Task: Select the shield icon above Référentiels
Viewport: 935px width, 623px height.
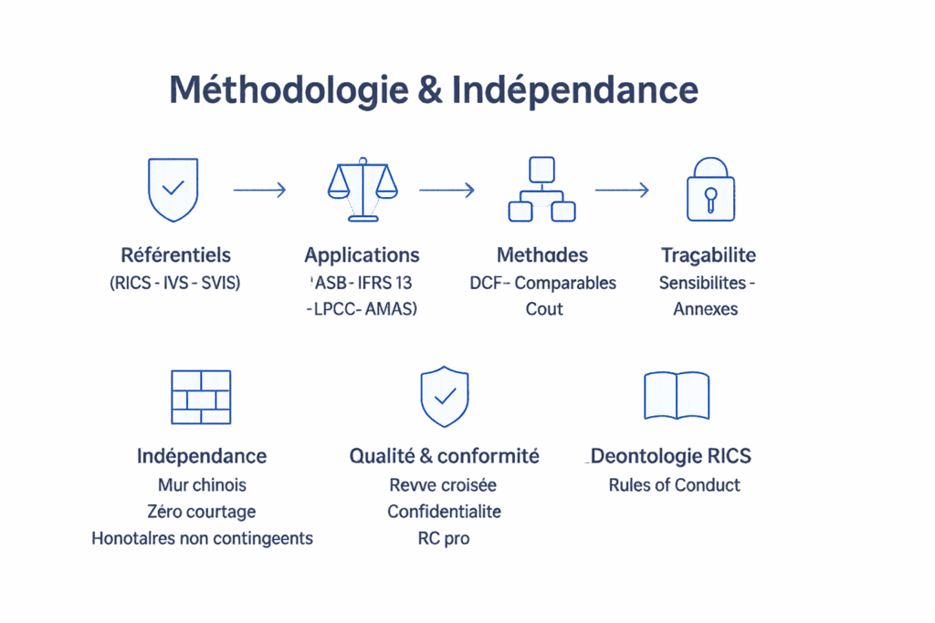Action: tap(173, 189)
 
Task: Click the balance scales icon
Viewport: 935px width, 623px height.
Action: tap(362, 189)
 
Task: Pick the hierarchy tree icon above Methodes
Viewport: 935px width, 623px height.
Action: tap(541, 189)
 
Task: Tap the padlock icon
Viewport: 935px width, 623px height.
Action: tap(709, 189)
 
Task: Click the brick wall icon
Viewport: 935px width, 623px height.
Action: tap(202, 396)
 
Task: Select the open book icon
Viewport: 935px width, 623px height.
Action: tap(677, 395)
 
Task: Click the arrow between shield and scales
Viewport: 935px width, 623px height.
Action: tap(260, 190)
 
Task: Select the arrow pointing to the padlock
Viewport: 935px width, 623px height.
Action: tap(622, 190)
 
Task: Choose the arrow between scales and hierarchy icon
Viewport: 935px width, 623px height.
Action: tap(446, 190)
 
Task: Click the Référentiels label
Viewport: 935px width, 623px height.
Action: tap(175, 254)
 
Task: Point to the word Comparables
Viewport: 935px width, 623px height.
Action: tap(565, 283)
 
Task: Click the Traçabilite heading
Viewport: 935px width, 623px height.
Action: tap(708, 254)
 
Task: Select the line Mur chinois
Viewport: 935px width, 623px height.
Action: tap(202, 484)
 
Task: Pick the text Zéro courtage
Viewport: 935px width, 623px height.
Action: tap(201, 511)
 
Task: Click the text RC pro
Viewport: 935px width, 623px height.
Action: tap(444, 538)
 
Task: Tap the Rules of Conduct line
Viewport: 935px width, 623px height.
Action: tap(674, 484)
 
